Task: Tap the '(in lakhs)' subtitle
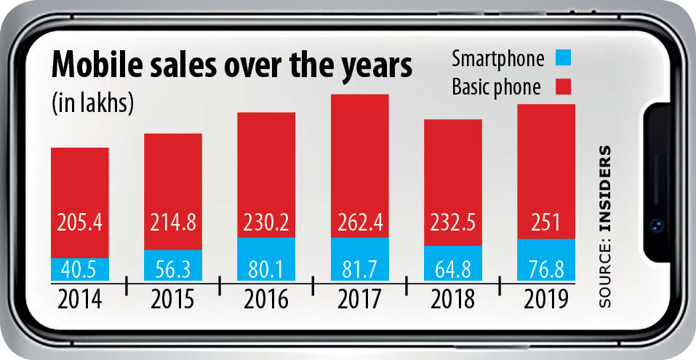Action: pyautogui.click(x=92, y=103)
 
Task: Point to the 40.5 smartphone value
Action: pyautogui.click(x=80, y=269)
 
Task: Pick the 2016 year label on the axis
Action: pyautogui.click(x=266, y=298)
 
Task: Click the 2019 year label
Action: pyautogui.click(x=545, y=298)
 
